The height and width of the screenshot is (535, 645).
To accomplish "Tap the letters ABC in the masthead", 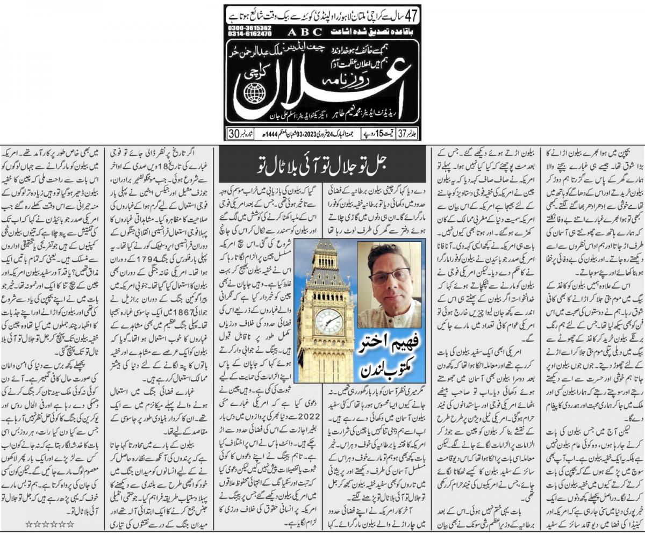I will point(293,32).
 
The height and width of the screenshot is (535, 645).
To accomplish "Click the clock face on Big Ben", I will point(328,321).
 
